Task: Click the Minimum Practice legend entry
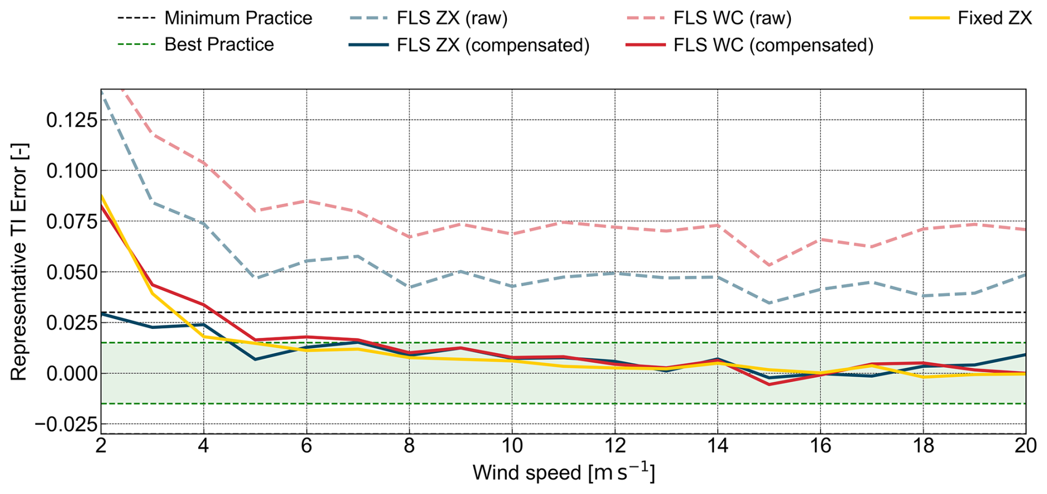pos(238,18)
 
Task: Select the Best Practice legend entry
pos(219,44)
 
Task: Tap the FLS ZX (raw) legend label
pos(452,18)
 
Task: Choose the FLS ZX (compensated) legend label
pos(493,45)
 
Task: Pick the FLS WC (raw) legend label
pos(732,18)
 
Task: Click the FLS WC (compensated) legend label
pos(773,45)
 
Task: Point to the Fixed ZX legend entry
pos(994,18)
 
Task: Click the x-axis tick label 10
pos(512,446)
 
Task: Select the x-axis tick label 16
pos(820,446)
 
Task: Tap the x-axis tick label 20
pos(1025,446)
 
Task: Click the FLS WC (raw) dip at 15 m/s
pos(769,265)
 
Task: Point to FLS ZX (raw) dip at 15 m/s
pos(769,303)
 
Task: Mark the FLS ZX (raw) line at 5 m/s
pos(255,277)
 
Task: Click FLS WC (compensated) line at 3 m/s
pos(152,285)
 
